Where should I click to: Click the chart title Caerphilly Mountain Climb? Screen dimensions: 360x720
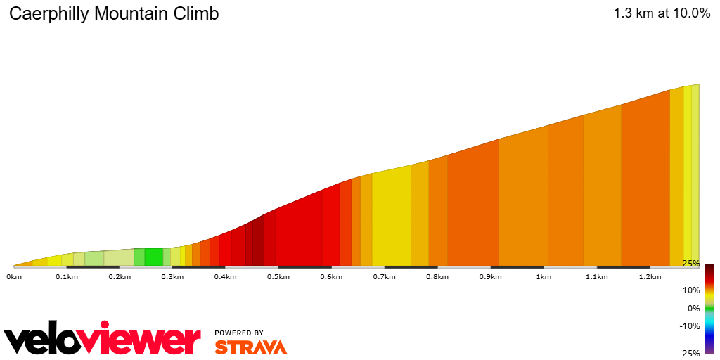[114, 14]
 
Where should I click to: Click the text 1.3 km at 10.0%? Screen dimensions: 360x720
[661, 13]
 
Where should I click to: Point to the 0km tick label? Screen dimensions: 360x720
[14, 277]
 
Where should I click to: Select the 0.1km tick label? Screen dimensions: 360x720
[66, 277]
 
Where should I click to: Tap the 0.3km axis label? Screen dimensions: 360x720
[172, 277]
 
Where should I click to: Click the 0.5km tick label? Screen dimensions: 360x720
[278, 277]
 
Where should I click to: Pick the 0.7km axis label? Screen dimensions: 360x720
[385, 277]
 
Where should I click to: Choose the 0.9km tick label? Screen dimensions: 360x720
[491, 277]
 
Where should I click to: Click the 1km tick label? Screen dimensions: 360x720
[544, 277]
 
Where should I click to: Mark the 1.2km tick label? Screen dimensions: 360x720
[650, 277]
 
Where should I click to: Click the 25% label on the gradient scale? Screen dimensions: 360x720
[691, 264]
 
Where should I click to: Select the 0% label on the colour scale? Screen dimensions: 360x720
[693, 308]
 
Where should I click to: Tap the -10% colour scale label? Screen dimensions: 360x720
[690, 326]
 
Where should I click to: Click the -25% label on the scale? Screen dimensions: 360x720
[690, 353]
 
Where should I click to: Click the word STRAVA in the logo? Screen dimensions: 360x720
[251, 347]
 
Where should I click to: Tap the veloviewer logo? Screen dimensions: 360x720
[103, 340]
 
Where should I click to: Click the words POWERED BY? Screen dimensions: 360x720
[239, 333]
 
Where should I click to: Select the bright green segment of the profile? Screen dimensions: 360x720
[153, 257]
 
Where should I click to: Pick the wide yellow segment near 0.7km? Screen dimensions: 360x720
[392, 218]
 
